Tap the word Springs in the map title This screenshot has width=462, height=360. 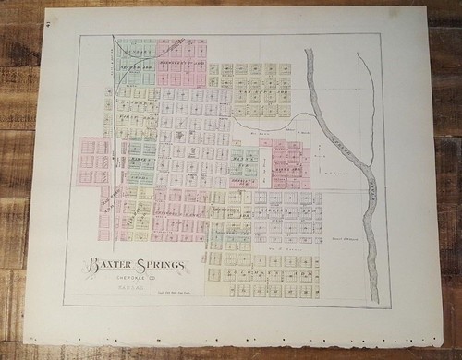(x=158, y=266)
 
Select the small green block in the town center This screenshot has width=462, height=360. (x=243, y=162)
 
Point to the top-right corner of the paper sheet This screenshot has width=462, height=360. (x=428, y=7)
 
